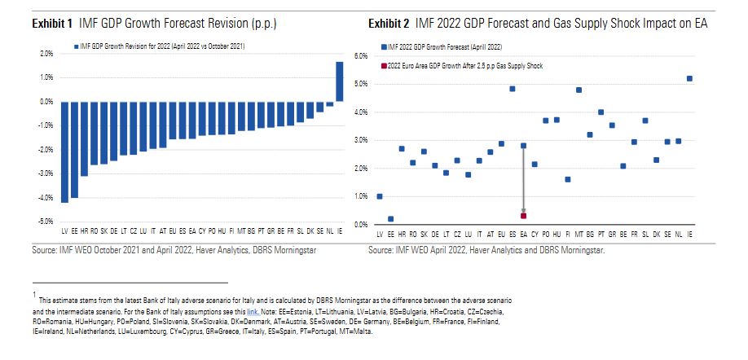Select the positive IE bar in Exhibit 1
pyautogui.click(x=339, y=81)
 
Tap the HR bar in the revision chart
pyautogui.click(x=84, y=139)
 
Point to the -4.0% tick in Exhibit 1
pyautogui.click(x=45, y=197)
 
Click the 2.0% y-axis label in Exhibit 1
pyautogui.click(x=46, y=54)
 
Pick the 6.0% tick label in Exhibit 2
pyautogui.click(x=361, y=55)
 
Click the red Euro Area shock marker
pyautogui.click(x=523, y=216)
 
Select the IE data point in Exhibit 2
pyautogui.click(x=690, y=79)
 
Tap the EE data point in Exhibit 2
pyautogui.click(x=390, y=219)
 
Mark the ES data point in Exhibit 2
pyautogui.click(x=513, y=89)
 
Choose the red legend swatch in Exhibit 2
pyautogui.click(x=381, y=65)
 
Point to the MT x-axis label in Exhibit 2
pyautogui.click(x=579, y=234)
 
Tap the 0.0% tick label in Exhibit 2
pyautogui.click(x=361, y=225)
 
